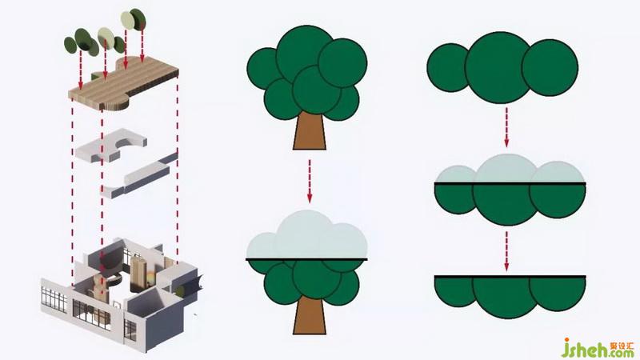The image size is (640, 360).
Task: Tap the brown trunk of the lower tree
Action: (310, 316)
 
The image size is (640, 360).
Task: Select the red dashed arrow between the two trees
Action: (310, 181)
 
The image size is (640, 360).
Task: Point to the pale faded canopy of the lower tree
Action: (307, 236)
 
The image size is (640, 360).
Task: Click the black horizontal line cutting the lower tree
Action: (306, 259)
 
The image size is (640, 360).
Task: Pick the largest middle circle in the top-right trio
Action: (498, 67)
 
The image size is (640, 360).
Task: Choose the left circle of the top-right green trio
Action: (447, 67)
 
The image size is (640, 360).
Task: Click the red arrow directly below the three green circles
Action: (506, 127)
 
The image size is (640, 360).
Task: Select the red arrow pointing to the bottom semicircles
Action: (506, 251)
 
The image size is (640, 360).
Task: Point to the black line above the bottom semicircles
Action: (510, 277)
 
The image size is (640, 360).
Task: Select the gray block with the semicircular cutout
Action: (111, 145)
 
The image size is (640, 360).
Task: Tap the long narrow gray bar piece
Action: (140, 175)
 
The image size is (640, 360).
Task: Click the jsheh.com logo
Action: (598, 348)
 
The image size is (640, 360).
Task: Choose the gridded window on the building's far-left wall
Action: (54, 299)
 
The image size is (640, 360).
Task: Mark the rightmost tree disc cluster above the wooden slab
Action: (133, 19)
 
